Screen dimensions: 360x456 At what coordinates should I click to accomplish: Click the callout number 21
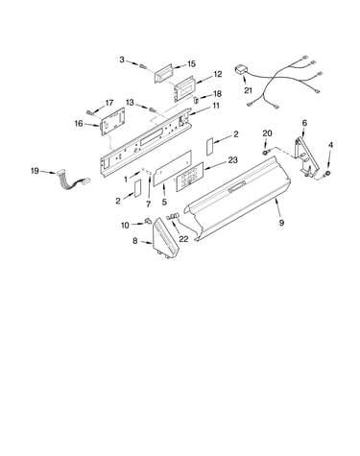[248, 90]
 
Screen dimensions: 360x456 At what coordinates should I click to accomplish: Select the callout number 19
[35, 171]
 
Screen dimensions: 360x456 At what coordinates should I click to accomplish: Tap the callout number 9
[281, 223]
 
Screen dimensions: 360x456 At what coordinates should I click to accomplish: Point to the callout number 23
[233, 159]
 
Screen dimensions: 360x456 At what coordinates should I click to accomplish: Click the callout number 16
[79, 123]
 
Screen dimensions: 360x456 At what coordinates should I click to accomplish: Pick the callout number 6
[304, 123]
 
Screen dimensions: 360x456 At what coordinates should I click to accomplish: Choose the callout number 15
[191, 64]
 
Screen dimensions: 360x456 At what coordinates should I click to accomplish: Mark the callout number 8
[134, 241]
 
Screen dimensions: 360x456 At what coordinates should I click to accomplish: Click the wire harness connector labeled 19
[73, 181]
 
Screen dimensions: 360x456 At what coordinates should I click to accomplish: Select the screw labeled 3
[143, 66]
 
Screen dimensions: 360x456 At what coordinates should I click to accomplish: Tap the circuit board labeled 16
[112, 121]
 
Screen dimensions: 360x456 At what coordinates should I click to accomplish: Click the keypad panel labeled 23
[190, 177]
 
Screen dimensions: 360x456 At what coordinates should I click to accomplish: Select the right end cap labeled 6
[306, 156]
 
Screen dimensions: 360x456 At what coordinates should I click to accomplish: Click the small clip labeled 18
[196, 99]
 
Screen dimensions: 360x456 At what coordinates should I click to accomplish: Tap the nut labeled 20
[266, 152]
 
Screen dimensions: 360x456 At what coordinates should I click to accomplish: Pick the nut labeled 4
[326, 174]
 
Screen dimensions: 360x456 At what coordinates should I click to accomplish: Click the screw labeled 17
[90, 112]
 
